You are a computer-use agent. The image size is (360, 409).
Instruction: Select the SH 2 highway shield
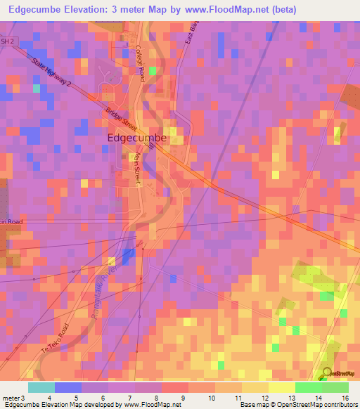click(x=7, y=42)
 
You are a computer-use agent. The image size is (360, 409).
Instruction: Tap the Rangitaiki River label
click(x=98, y=299)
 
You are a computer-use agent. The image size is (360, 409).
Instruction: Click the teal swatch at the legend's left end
click(x=41, y=387)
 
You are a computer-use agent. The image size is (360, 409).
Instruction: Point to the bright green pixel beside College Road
click(x=153, y=70)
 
